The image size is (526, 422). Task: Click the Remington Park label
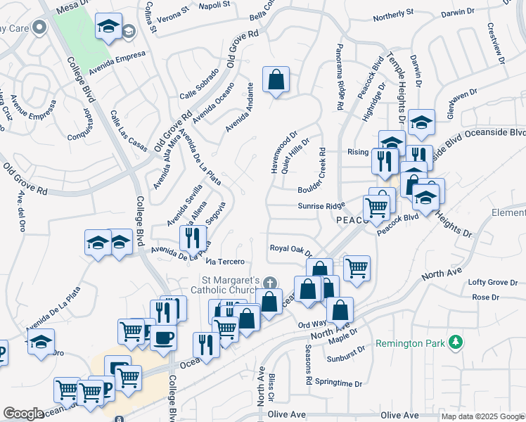click(x=411, y=343)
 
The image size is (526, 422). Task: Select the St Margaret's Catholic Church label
click(x=227, y=285)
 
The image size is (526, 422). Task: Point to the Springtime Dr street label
click(x=338, y=384)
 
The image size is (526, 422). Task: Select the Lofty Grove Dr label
click(x=493, y=282)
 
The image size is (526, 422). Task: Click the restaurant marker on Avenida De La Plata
click(x=191, y=238)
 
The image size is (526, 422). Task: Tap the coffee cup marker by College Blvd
click(x=165, y=338)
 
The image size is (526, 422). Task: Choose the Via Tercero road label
click(x=227, y=262)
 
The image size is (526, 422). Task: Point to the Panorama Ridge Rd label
click(x=340, y=84)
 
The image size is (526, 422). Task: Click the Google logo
click(x=23, y=414)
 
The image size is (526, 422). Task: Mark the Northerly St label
click(x=393, y=14)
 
